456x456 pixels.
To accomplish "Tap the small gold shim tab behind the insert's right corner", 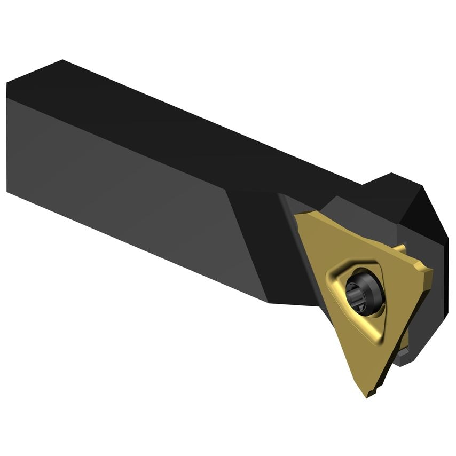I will [x=399, y=249].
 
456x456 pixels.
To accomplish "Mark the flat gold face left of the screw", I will [x=320, y=256].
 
